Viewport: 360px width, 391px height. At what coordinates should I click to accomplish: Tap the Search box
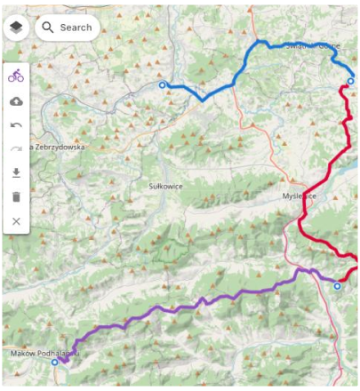click(x=75, y=28)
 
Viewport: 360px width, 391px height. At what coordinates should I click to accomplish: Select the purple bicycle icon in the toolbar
click(x=16, y=76)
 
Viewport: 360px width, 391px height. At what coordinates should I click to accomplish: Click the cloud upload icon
click(x=16, y=101)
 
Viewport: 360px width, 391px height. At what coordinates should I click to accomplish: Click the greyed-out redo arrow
click(x=16, y=149)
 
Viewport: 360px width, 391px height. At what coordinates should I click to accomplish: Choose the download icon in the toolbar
click(x=16, y=173)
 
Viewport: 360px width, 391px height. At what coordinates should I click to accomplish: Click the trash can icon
click(x=16, y=197)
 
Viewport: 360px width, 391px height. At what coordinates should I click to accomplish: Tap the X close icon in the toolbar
click(x=16, y=221)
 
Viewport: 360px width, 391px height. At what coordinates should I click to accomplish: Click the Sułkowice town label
click(x=166, y=187)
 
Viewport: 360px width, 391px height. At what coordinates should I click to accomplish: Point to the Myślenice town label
click(x=299, y=195)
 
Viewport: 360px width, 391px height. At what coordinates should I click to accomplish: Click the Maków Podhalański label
click(x=44, y=353)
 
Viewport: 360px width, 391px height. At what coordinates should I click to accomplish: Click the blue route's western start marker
click(x=162, y=85)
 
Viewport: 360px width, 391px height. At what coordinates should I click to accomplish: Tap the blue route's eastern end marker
click(x=350, y=82)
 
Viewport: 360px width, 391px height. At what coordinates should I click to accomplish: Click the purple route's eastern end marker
click(x=337, y=286)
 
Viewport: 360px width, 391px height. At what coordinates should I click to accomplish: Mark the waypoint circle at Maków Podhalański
click(x=54, y=363)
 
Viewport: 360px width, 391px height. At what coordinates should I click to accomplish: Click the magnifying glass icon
click(x=48, y=28)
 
